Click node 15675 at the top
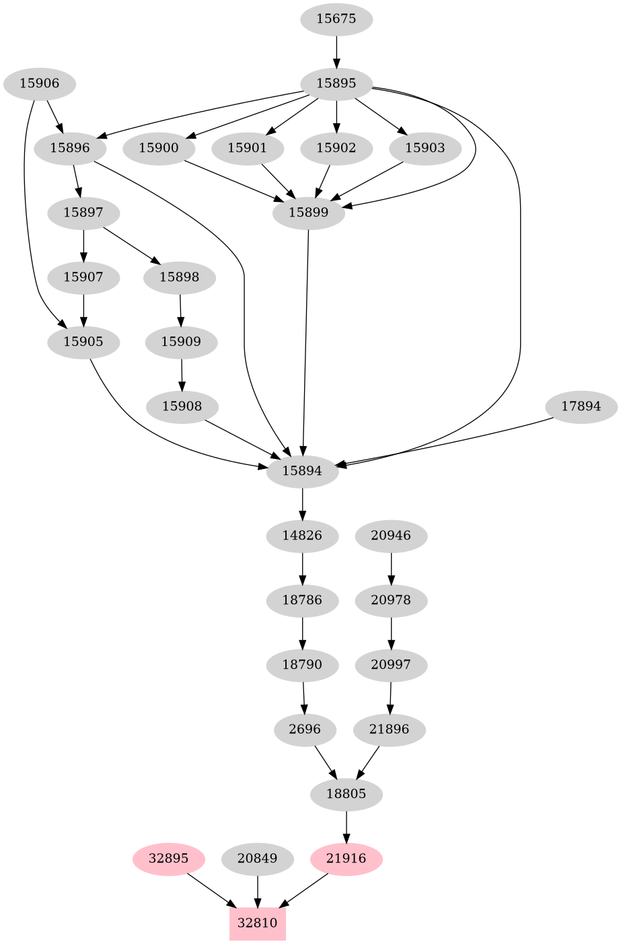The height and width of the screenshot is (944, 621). [336, 19]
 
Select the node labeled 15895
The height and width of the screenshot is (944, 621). [336, 83]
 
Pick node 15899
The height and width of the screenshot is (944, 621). [308, 213]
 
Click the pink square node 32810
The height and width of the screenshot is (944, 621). [257, 923]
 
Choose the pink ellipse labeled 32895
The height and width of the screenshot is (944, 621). [168, 859]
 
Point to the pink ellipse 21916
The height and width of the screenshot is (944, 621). [346, 859]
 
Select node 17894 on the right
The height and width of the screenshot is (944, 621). [581, 406]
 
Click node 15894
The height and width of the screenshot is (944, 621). [302, 471]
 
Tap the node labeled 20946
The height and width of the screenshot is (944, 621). [391, 536]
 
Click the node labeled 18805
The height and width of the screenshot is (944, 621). [346, 794]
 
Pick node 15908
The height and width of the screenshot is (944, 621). [182, 406]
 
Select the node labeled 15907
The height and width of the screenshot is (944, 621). [83, 277]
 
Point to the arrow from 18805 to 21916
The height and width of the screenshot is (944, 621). [346, 826]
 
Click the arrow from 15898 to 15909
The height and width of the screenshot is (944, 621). [180, 310]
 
